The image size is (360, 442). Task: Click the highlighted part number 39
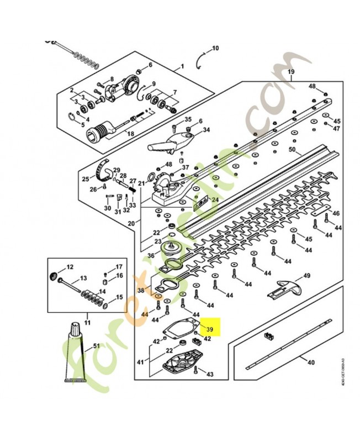pyautogui.click(x=209, y=329)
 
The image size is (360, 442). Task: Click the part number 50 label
pyautogui.click(x=293, y=150)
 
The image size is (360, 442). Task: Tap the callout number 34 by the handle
pyautogui.click(x=191, y=130)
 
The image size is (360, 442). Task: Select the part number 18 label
pyautogui.click(x=131, y=134)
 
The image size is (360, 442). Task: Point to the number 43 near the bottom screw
pyautogui.click(x=210, y=375)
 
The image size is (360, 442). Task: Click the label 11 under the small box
pyautogui.click(x=87, y=322)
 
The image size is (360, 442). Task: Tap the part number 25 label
pyautogui.click(x=86, y=178)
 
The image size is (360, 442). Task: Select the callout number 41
pyautogui.click(x=140, y=362)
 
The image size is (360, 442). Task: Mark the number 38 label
pyautogui.click(x=141, y=290)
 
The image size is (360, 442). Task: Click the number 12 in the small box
pyautogui.click(x=70, y=267)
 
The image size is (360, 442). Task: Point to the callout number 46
pyautogui.click(x=336, y=213)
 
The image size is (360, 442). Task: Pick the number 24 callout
pyautogui.click(x=215, y=199)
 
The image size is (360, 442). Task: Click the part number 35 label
pyautogui.click(x=188, y=119)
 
